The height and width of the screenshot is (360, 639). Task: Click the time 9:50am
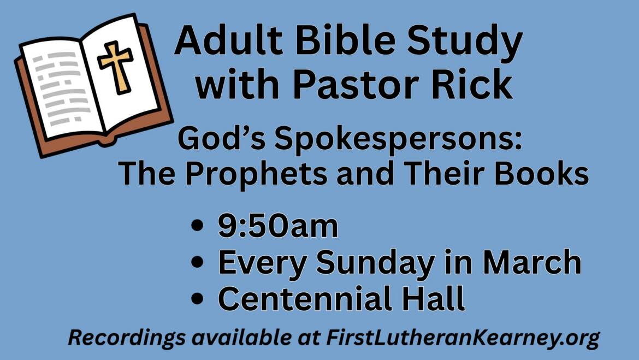(278, 227)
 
